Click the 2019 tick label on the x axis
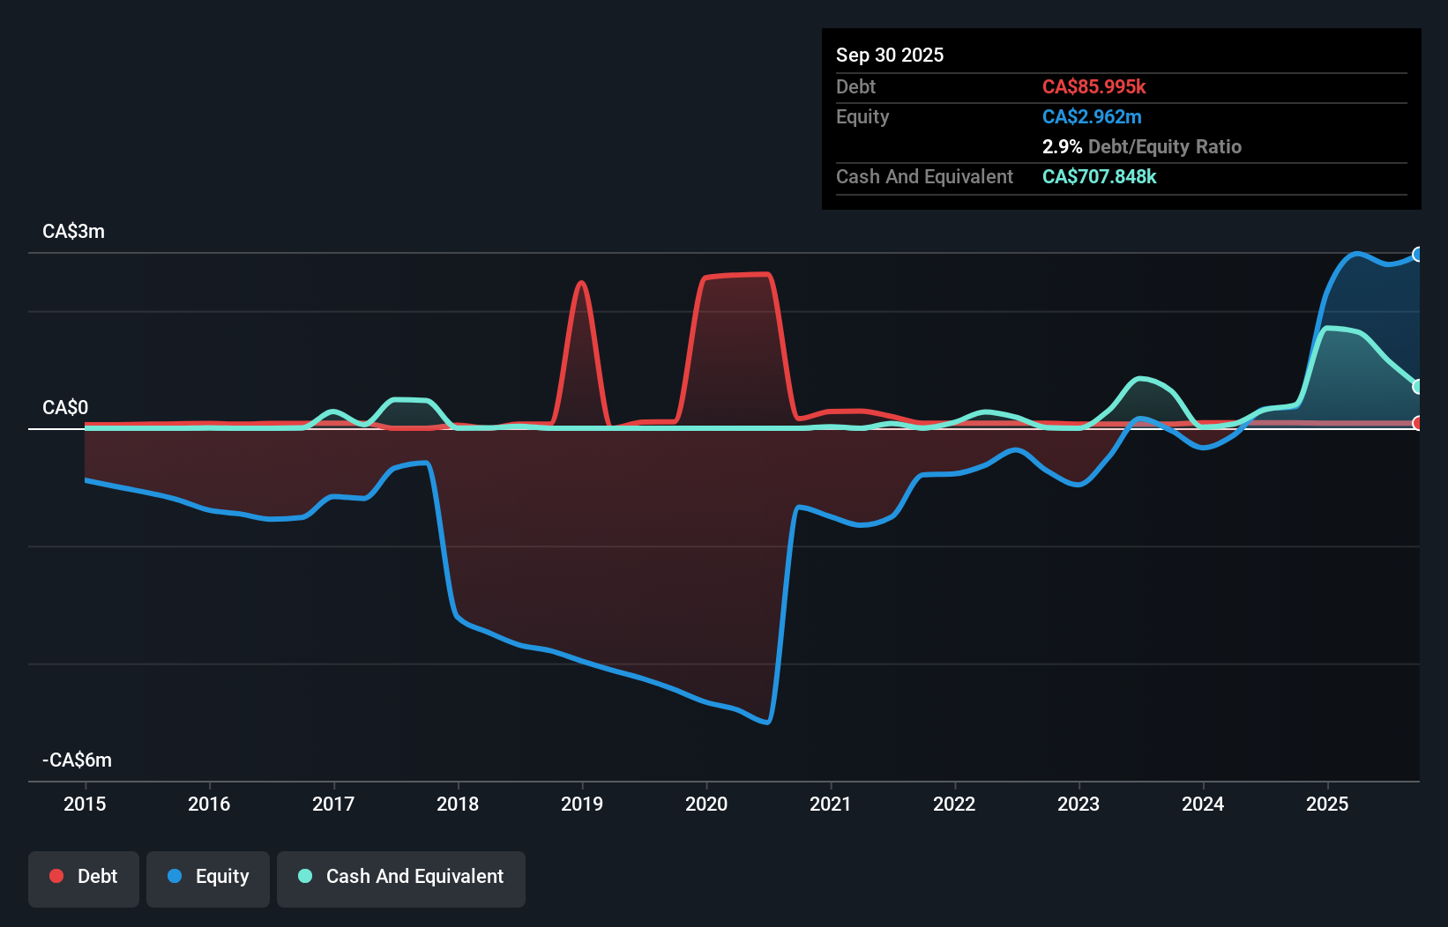[582, 804]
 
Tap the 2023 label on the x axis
[1079, 804]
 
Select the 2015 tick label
[85, 804]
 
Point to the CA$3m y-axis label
[73, 232]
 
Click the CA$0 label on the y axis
[65, 408]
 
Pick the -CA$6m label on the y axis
[77, 760]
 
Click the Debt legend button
[84, 877]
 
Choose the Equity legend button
[208, 877]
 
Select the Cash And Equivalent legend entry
[401, 877]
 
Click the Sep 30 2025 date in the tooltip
[889, 55]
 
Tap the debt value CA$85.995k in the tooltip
[1093, 86]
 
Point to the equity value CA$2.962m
[1091, 116]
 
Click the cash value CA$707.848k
[1099, 176]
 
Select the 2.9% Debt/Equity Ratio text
[1141, 146]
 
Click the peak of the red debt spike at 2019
[581, 283]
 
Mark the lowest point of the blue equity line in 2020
[767, 723]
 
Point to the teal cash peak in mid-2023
[1140, 379]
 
